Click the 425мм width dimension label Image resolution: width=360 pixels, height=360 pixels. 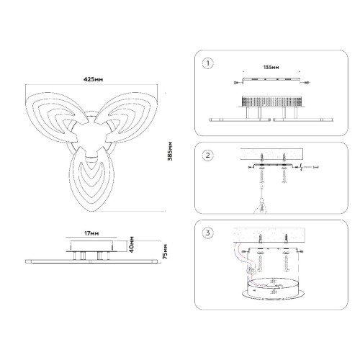(x=93, y=79)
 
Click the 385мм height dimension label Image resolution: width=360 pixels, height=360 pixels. (x=170, y=151)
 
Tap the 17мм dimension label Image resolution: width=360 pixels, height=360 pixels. (x=91, y=233)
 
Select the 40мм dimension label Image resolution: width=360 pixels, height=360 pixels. (x=131, y=244)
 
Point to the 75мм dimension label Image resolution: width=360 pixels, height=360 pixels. (x=165, y=251)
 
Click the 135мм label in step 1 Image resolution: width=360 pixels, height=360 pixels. (x=271, y=68)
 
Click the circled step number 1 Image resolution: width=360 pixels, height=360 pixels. (x=208, y=63)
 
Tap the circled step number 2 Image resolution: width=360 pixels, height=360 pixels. (x=208, y=156)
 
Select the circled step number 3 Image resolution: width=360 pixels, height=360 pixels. (x=208, y=233)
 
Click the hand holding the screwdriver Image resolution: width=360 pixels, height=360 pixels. (x=261, y=207)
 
